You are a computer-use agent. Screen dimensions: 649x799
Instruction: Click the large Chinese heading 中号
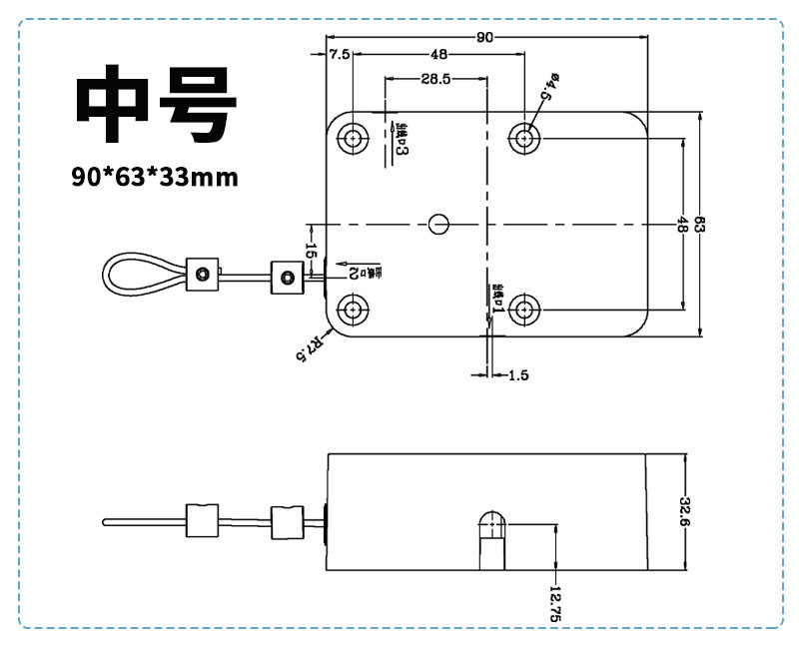tap(157, 107)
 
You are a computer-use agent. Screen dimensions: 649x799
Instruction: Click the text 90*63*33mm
tap(155, 178)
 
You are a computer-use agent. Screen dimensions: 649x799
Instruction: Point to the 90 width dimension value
tap(485, 37)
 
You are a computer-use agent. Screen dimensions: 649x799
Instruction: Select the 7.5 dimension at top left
tap(340, 55)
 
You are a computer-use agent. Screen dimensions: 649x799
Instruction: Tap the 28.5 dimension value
tap(435, 78)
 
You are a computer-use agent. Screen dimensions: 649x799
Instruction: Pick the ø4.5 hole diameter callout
tap(547, 87)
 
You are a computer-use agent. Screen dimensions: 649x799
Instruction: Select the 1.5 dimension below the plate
tap(517, 375)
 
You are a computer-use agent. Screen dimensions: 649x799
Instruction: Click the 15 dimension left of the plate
tap(311, 252)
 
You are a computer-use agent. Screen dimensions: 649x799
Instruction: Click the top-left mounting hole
tap(354, 138)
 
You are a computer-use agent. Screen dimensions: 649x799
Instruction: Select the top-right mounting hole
tap(524, 138)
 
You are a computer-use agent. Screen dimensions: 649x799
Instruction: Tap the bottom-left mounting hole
tap(354, 311)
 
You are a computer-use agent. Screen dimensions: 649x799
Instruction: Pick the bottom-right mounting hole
tap(524, 311)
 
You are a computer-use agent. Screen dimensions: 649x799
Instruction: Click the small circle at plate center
tap(437, 224)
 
